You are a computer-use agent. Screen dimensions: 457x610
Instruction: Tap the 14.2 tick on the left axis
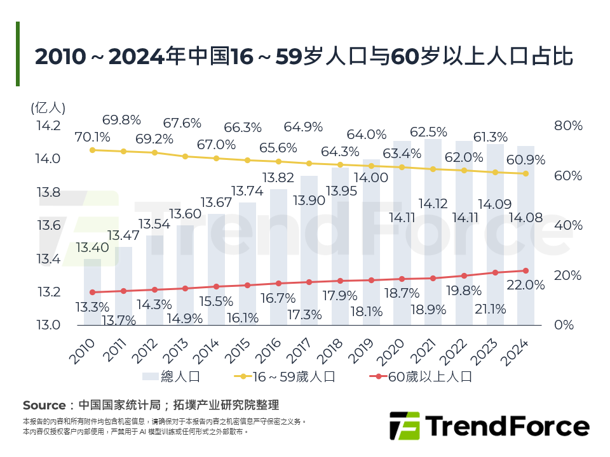48,126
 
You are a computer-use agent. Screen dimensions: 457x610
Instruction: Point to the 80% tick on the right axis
568,126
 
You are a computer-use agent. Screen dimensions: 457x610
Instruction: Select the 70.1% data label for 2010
93,136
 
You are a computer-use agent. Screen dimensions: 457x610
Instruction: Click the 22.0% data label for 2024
526,286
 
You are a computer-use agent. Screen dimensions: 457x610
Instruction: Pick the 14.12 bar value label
433,204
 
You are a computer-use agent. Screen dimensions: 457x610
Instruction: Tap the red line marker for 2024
526,271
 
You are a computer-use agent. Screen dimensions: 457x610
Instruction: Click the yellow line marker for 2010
93,150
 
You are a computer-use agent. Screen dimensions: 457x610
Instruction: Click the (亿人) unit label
48,108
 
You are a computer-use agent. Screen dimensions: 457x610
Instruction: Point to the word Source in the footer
44,405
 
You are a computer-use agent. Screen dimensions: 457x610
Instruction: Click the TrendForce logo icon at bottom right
404,426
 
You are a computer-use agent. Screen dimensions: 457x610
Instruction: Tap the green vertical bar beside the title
18,54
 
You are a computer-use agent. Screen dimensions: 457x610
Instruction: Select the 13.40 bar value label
92,248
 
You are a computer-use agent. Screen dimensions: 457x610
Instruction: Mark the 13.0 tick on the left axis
48,325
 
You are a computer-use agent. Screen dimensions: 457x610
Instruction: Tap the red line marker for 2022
464,275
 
